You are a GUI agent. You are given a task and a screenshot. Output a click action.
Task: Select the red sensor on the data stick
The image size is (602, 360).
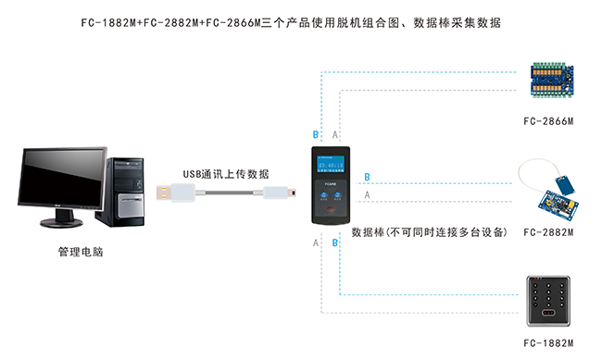(x=331, y=215)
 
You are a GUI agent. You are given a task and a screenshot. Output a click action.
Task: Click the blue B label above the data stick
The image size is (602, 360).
(x=315, y=135)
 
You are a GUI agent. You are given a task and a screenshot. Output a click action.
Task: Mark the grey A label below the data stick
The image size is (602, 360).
(x=315, y=242)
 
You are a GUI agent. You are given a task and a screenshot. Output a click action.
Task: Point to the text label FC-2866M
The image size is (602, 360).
(x=548, y=121)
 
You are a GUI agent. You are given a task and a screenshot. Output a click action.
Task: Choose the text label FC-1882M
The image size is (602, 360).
(x=548, y=344)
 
